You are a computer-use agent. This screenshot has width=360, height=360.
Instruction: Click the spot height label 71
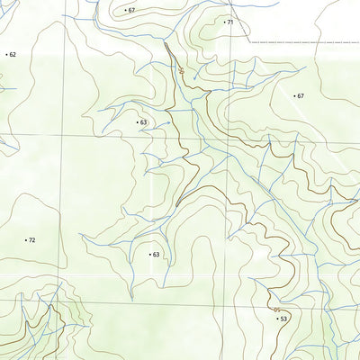pos(230,22)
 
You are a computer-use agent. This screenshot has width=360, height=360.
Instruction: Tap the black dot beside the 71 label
pos(224,22)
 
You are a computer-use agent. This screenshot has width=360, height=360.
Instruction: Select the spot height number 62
pos(13,55)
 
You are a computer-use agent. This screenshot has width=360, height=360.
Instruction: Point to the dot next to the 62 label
pos(6,55)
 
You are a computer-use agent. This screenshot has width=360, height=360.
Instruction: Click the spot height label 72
pos(31,240)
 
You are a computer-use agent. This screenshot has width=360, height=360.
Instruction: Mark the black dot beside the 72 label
pos(25,240)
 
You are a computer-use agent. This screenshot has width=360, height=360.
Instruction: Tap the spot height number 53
pos(283,319)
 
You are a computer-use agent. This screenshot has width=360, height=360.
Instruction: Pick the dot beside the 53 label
pos(277,319)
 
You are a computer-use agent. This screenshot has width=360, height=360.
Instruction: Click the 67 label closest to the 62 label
pos(131,10)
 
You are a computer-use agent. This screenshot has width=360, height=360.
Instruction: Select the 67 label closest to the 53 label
pos(301,95)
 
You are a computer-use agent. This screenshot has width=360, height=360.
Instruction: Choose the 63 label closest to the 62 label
pos(143,121)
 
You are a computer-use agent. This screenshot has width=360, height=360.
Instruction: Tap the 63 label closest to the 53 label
pos(156,255)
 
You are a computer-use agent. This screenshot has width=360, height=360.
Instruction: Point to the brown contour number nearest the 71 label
pos(183,69)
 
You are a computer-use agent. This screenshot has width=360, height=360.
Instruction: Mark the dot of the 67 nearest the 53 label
pos(294,94)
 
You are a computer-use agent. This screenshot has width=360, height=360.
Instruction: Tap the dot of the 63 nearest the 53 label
pos(149,255)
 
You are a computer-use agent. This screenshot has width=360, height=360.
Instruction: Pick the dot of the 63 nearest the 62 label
pos(137,121)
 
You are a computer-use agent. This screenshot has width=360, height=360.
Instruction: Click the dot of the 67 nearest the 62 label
pos(125,10)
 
